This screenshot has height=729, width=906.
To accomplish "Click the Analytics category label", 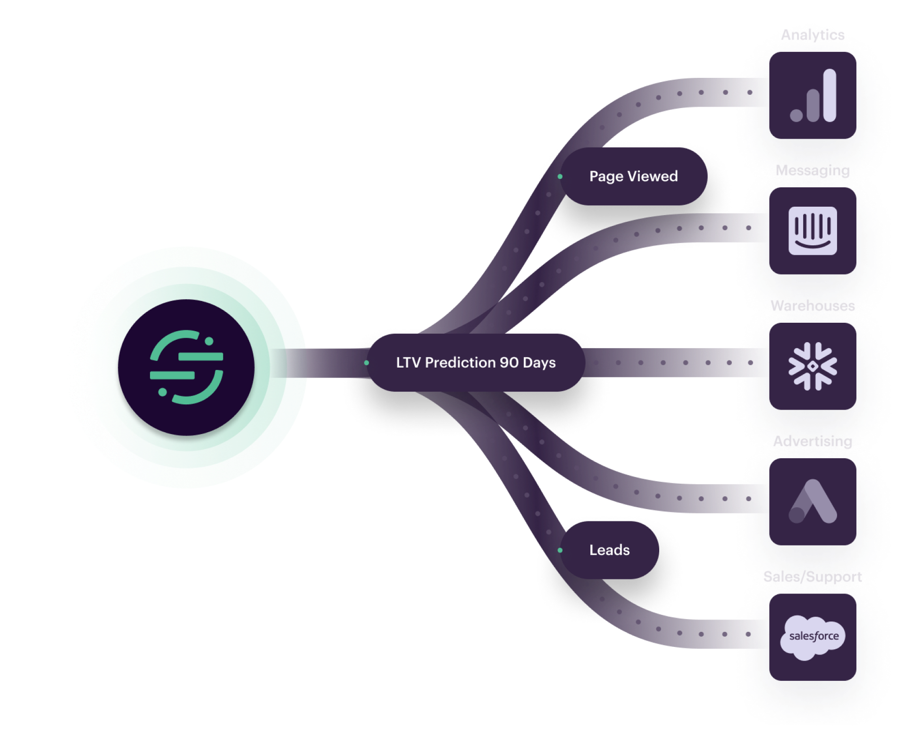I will click(x=813, y=35).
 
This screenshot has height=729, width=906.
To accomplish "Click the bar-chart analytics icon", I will click(x=813, y=95).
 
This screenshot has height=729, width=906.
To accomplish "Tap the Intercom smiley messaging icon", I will click(x=813, y=231).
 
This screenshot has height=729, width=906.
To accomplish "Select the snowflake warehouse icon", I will click(x=813, y=366).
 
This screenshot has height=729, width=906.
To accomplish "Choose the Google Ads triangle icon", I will click(x=813, y=502).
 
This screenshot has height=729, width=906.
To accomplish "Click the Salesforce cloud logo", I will click(x=813, y=637).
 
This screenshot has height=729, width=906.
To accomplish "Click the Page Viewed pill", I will click(x=633, y=176).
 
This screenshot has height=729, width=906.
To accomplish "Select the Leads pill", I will click(x=609, y=550).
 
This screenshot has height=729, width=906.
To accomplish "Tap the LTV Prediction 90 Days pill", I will click(x=476, y=363).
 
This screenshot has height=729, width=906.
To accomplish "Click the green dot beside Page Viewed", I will click(x=560, y=177).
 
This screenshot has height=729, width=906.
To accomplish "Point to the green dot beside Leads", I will click(x=560, y=550).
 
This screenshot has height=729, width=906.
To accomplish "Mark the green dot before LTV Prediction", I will click(x=367, y=363).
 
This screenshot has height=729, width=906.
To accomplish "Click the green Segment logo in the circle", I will click(x=186, y=367).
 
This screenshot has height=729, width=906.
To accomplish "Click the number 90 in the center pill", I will click(x=509, y=363).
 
